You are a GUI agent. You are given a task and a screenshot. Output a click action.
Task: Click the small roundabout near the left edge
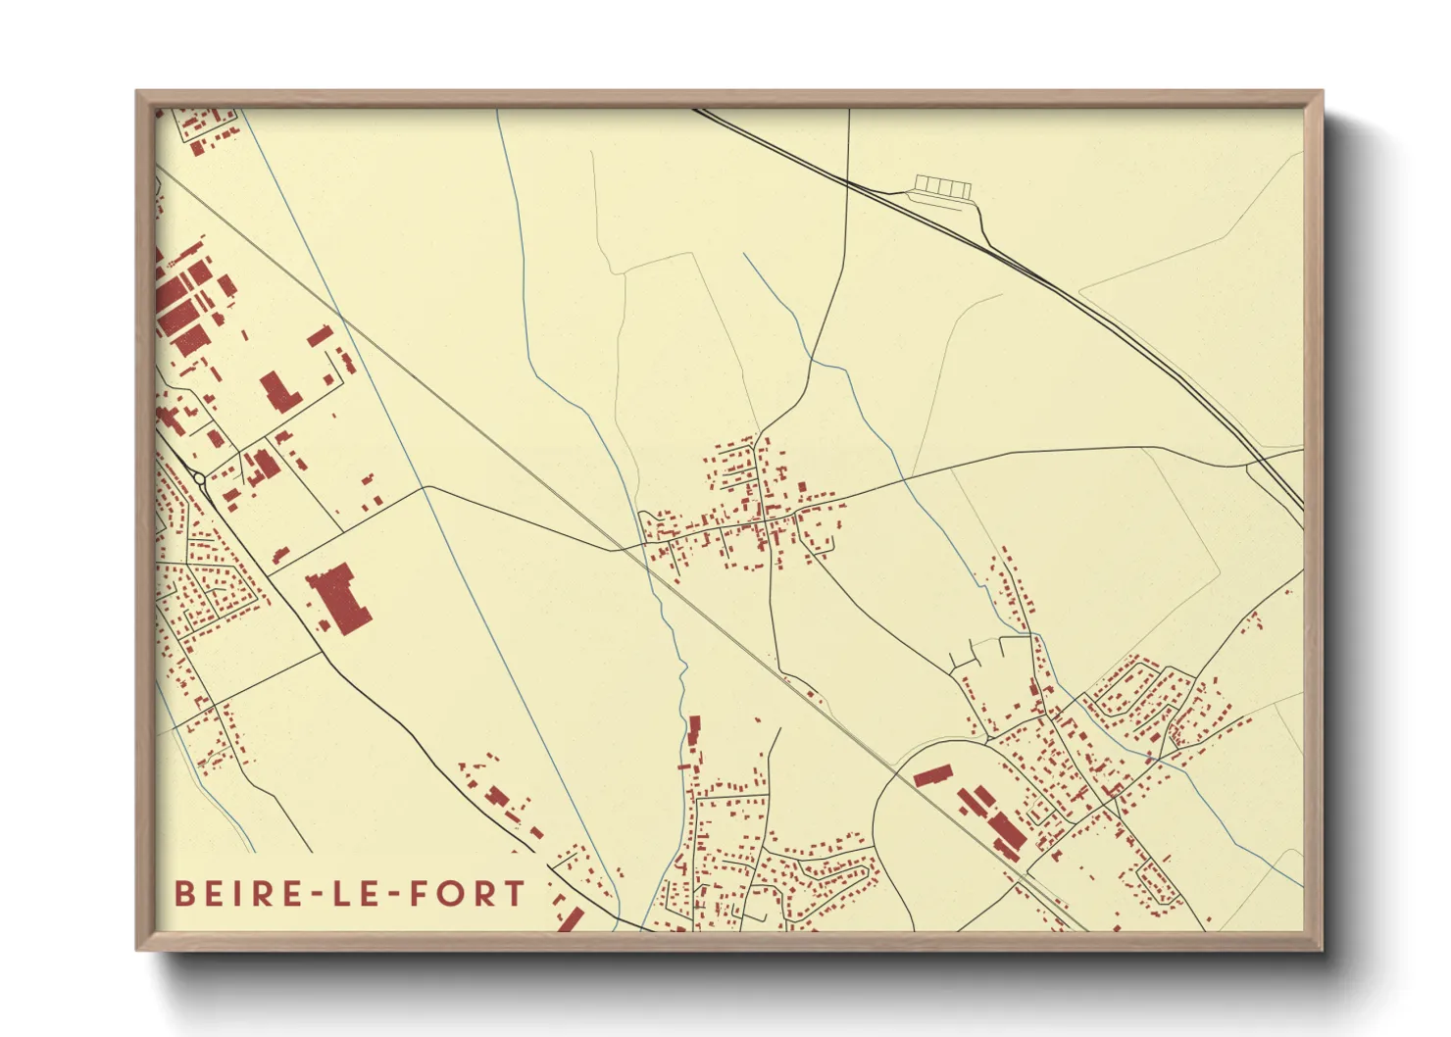tap(200, 478)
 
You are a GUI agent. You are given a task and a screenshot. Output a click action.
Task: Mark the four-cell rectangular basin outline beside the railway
tap(941, 186)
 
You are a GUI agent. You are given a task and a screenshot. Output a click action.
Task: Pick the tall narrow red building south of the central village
tap(695, 731)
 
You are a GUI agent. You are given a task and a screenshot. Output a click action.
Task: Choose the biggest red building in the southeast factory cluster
tap(1006, 833)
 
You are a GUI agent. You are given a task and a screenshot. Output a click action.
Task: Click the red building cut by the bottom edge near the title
tap(571, 920)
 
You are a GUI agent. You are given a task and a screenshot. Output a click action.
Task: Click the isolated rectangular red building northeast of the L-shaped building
tap(320, 336)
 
